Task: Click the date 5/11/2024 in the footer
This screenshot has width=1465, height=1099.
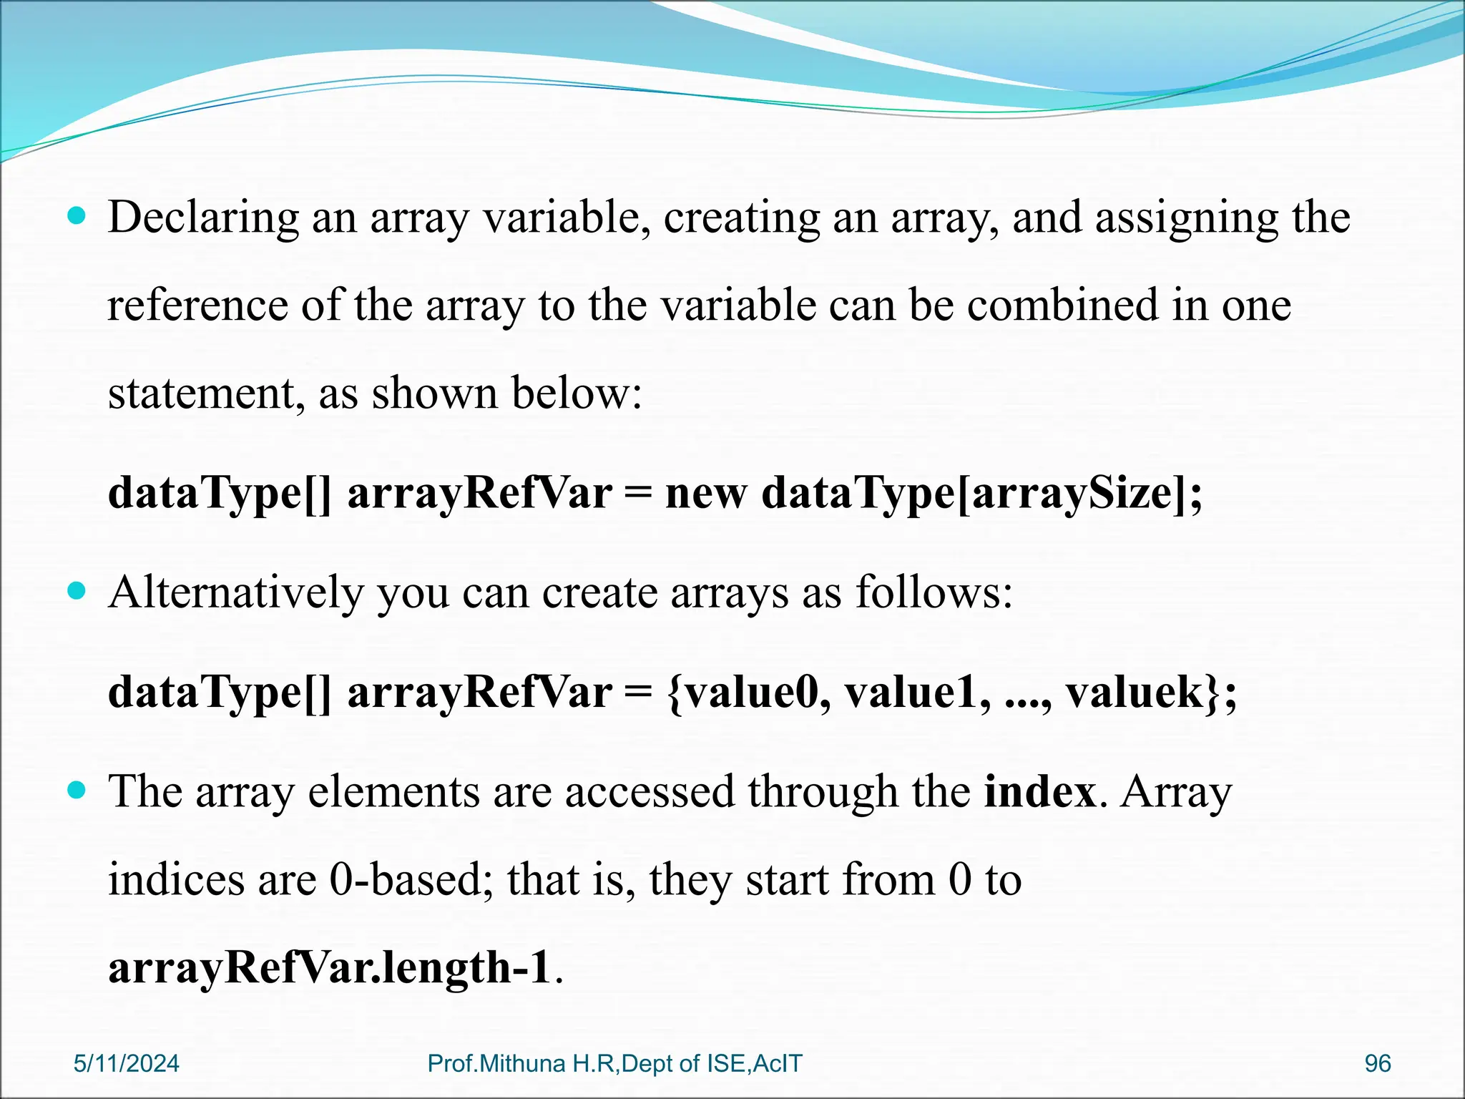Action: coord(126,1063)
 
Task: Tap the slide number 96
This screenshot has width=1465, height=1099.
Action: coord(1377,1063)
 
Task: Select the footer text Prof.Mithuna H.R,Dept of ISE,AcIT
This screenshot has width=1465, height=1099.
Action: coord(614,1063)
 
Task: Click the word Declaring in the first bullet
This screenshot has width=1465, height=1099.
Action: coord(203,218)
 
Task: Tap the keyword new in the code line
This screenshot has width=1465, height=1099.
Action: coord(705,493)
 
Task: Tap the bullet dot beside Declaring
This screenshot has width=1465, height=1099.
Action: coord(76,215)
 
